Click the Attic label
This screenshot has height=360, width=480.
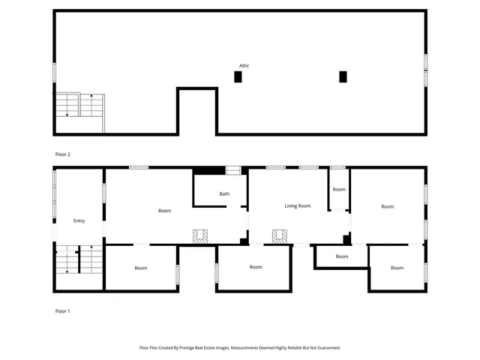click(244, 66)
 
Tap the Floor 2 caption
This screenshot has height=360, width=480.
click(63, 154)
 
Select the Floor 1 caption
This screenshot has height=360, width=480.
click(63, 310)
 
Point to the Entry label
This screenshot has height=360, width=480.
click(79, 221)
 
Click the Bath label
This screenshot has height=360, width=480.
click(224, 194)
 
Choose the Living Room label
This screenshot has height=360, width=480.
click(297, 205)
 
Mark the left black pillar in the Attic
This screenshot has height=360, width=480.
click(238, 76)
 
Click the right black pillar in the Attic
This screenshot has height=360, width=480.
click(343, 76)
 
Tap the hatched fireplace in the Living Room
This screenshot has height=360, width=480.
click(280, 237)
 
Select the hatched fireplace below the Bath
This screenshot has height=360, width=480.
click(200, 237)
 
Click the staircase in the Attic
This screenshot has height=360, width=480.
click(80, 106)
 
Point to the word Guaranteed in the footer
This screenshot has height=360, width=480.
click(325, 348)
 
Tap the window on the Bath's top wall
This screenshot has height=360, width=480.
click(234, 170)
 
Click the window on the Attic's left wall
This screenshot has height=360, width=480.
click(54, 73)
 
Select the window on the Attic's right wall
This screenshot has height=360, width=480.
click(425, 71)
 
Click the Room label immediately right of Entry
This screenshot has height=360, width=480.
click(164, 211)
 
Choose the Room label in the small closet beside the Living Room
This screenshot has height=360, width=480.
click(339, 190)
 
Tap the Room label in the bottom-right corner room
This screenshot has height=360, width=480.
click(397, 268)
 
